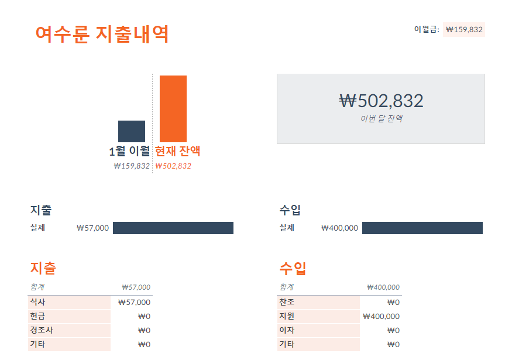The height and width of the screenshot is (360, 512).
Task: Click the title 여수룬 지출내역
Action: pyautogui.click(x=102, y=34)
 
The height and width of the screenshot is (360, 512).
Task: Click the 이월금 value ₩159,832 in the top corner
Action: pyautogui.click(x=464, y=30)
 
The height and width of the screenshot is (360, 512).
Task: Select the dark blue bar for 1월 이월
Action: pyautogui.click(x=132, y=131)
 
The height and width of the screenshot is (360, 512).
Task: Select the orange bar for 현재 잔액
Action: pyautogui.click(x=173, y=108)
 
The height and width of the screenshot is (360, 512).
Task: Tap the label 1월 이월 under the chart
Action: pyautogui.click(x=129, y=152)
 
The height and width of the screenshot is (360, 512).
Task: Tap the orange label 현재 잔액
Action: pyautogui.click(x=178, y=151)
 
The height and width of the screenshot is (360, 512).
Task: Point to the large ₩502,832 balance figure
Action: pyautogui.click(x=381, y=101)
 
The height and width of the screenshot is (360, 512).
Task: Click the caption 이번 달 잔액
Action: pyautogui.click(x=381, y=119)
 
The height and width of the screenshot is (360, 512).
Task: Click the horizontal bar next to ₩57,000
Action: pyautogui.click(x=173, y=228)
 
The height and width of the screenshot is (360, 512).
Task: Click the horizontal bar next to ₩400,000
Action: pyautogui.click(x=422, y=228)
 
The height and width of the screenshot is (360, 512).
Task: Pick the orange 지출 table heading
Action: pyautogui.click(x=43, y=269)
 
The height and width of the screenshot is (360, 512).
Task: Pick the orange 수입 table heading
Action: pyautogui.click(x=293, y=269)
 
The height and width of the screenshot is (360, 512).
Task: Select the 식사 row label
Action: pyautogui.click(x=38, y=303)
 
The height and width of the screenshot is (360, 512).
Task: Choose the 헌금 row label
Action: pyautogui.click(x=38, y=317)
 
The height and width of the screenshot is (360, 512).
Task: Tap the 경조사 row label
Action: pyautogui.click(x=42, y=331)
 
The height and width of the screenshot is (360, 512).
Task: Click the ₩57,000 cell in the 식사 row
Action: pyautogui.click(x=134, y=303)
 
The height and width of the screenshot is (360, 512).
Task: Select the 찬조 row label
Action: pyautogui.click(x=287, y=303)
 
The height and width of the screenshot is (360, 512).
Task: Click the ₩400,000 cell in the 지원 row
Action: pyautogui.click(x=381, y=317)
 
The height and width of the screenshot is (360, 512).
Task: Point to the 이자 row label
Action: pyautogui.click(x=287, y=331)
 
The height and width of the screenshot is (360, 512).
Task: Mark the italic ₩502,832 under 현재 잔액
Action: pyautogui.click(x=173, y=166)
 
